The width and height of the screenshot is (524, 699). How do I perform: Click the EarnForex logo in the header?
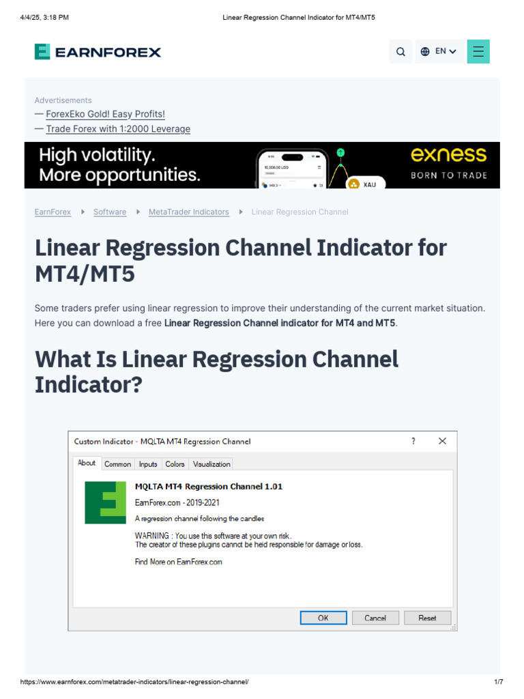[x=98, y=52]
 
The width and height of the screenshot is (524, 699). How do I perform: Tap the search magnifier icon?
[x=401, y=52]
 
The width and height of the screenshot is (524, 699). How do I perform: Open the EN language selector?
[x=439, y=51]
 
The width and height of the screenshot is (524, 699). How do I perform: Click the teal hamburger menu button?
[x=478, y=51]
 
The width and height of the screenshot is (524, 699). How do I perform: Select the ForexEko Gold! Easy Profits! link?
[x=105, y=114]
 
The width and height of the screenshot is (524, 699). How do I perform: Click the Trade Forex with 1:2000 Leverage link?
[x=118, y=129]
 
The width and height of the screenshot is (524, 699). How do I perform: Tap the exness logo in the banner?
[x=448, y=155]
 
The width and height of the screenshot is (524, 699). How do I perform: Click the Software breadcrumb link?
[x=110, y=212]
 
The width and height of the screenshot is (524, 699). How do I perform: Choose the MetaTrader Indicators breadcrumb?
[x=189, y=212]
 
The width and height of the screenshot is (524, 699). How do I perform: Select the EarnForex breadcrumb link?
[x=53, y=212]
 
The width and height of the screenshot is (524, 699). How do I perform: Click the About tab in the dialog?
[x=87, y=463]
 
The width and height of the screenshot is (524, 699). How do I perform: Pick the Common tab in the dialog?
[x=117, y=464]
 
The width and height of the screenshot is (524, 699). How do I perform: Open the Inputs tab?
[x=148, y=464]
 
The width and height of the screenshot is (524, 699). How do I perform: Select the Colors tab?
[x=175, y=464]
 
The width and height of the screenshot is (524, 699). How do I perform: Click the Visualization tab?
[x=212, y=464]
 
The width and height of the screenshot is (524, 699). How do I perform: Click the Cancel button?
[x=375, y=618]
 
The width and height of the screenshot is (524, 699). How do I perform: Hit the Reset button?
[x=427, y=618]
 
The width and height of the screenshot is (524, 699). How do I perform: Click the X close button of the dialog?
[x=442, y=442]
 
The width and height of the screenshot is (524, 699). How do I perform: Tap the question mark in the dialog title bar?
[x=413, y=442]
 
